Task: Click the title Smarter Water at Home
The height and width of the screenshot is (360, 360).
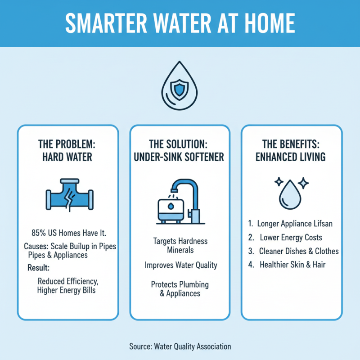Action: click(x=180, y=22)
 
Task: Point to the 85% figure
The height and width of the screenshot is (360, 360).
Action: click(x=39, y=233)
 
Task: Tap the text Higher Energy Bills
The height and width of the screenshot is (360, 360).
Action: click(x=68, y=290)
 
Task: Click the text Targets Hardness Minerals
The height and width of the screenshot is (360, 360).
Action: click(x=180, y=246)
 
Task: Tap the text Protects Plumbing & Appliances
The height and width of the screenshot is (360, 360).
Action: click(x=180, y=289)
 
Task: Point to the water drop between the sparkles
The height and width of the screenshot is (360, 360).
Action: click(x=291, y=194)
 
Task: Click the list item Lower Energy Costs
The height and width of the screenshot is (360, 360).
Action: click(x=291, y=237)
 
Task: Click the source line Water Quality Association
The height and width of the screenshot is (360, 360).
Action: click(x=180, y=346)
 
